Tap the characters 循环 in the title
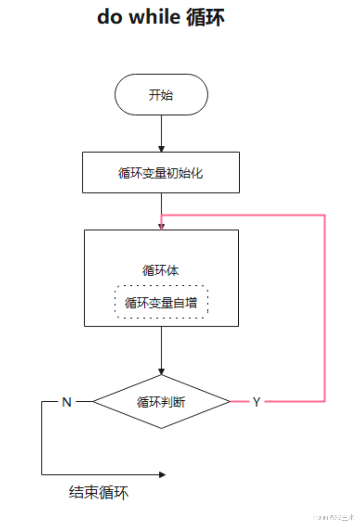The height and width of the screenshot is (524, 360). click(x=205, y=18)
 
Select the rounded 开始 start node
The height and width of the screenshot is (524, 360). click(x=161, y=95)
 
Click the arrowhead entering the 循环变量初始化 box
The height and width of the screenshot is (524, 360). click(x=161, y=149)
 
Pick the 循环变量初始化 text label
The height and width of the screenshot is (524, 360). click(x=161, y=173)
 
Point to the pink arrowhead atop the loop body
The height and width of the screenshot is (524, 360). click(x=161, y=226)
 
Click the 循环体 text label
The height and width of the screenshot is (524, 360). click(x=161, y=270)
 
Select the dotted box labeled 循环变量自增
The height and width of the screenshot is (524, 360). click(x=161, y=302)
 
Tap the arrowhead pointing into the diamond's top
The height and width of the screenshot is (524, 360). click(x=161, y=371)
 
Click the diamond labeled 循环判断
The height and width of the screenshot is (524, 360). click(x=161, y=402)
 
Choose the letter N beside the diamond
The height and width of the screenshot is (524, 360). click(x=67, y=402)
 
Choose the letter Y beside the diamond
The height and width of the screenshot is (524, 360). click(x=256, y=402)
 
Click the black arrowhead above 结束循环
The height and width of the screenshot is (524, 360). click(x=162, y=475)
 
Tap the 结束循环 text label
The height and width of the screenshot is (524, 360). click(x=99, y=493)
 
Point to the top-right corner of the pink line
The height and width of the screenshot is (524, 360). click(x=324, y=215)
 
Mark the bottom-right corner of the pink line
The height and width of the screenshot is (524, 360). click(x=324, y=401)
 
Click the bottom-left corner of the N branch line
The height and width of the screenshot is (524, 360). click(x=42, y=475)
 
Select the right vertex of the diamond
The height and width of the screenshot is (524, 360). click(x=230, y=401)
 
